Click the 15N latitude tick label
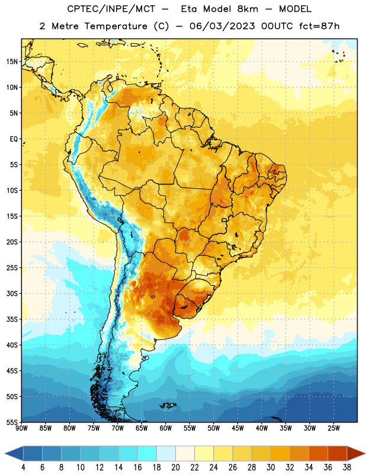(12, 62)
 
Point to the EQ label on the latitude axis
(14, 139)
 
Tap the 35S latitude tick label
(12, 319)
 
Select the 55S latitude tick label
(12, 422)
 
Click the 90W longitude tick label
(21, 428)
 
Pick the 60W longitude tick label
(166, 428)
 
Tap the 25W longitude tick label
(333, 428)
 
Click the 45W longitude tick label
(237, 428)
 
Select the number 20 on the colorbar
(175, 467)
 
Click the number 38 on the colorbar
(347, 467)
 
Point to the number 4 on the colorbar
(23, 467)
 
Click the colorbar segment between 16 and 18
(147, 453)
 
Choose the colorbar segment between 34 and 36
(318, 453)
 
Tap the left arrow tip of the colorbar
(5, 453)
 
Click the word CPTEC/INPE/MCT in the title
(111, 9)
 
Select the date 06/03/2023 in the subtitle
(222, 26)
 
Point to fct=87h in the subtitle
(319, 26)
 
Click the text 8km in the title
(248, 9)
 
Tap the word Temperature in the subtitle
(115, 27)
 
